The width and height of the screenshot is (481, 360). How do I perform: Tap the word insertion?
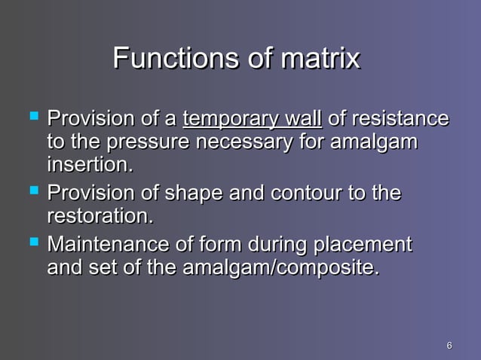pos(90,164)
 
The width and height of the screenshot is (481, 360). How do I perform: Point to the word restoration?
pos(100,216)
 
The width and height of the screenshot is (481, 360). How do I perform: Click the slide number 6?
pos(449,346)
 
